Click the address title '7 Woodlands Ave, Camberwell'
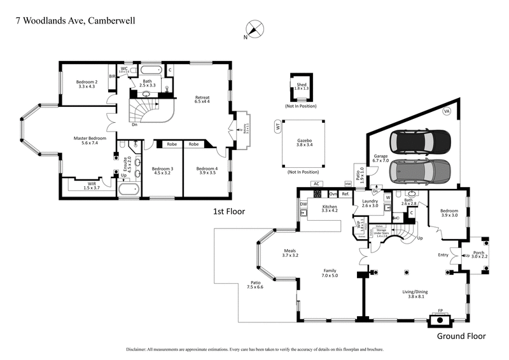tap(75, 20)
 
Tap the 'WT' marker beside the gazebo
tap(278, 127)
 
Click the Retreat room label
tap(202, 99)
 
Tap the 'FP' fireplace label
tap(440, 311)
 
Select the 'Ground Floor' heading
tap(461, 336)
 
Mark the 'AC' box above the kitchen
tap(315, 184)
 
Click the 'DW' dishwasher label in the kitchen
tap(303, 204)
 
